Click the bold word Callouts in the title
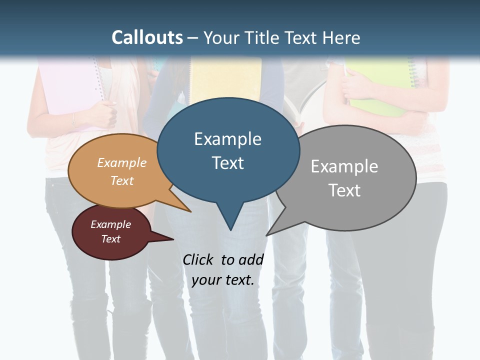(x=147, y=37)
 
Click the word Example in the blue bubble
(x=227, y=139)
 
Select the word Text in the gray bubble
(x=344, y=190)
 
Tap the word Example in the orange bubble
(x=122, y=163)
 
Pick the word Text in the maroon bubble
(x=111, y=239)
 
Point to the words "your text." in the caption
(x=223, y=280)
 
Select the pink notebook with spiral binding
(x=65, y=85)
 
